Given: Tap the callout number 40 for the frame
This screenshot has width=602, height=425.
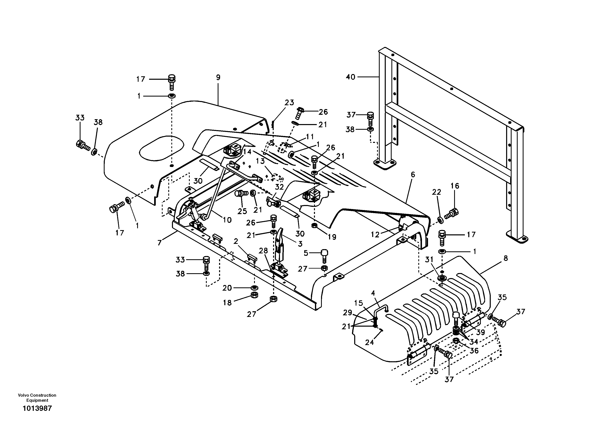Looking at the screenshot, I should click(350, 77).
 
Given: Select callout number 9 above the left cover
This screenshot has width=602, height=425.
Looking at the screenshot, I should click(218, 77).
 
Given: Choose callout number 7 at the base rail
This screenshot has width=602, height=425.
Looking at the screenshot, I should click(160, 243).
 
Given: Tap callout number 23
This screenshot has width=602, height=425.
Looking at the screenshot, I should click(289, 103).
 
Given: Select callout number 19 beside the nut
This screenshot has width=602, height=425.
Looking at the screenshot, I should click(332, 237).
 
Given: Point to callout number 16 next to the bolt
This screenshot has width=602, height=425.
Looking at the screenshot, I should click(455, 186).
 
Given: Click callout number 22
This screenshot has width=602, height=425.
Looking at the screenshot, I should click(437, 192).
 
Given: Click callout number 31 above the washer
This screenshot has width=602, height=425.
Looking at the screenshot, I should click(429, 260).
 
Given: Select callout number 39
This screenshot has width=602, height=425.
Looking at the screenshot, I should click(480, 332).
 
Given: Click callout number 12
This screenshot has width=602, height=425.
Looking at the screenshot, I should click(375, 235).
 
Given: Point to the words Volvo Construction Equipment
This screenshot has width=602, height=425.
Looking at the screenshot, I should click(37, 398).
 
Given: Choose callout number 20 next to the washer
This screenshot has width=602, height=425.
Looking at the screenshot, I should click(227, 288).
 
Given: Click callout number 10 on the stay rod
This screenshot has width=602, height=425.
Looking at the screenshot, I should click(227, 220).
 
